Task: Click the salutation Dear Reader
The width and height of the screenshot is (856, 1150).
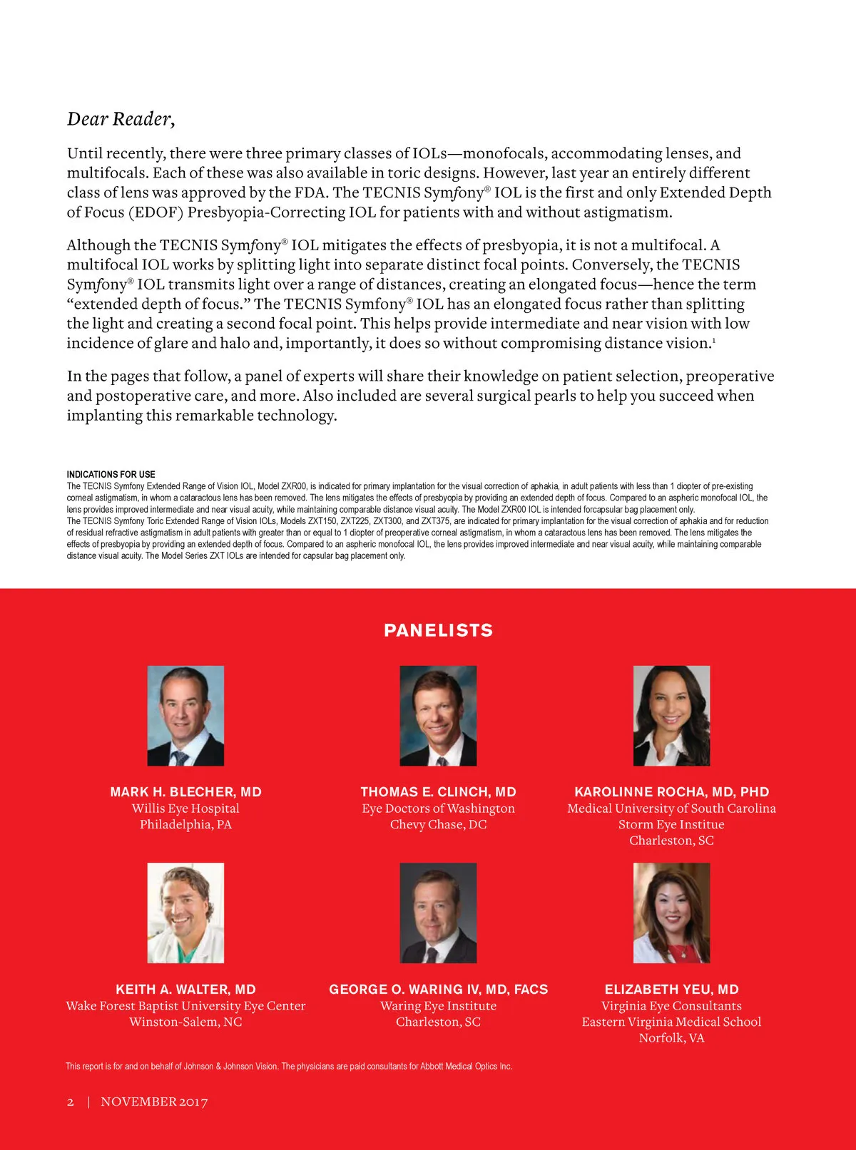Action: pyautogui.click(x=121, y=119)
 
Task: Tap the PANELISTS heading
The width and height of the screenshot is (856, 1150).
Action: pyautogui.click(x=438, y=630)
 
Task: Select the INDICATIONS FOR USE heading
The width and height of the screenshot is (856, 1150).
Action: pyautogui.click(x=111, y=474)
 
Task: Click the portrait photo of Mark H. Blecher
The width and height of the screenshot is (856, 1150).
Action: pyautogui.click(x=185, y=716)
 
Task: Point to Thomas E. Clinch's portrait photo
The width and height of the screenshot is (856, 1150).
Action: pyautogui.click(x=438, y=716)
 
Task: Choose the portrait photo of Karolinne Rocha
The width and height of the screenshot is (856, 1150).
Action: pyautogui.click(x=671, y=716)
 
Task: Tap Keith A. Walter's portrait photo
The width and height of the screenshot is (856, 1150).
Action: pyautogui.click(x=185, y=913)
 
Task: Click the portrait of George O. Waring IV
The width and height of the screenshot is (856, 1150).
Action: pyautogui.click(x=438, y=913)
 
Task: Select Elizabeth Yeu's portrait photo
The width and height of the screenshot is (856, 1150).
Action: pyautogui.click(x=671, y=913)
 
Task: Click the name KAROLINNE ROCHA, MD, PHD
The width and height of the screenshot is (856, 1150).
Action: pyautogui.click(x=671, y=792)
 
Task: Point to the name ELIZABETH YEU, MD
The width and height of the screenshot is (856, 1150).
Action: pyautogui.click(x=671, y=990)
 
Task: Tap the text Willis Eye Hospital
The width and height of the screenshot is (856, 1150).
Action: pyautogui.click(x=185, y=808)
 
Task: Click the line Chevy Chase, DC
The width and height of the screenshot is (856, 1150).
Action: pyautogui.click(x=438, y=825)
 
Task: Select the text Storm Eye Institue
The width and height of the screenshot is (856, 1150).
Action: pyautogui.click(x=671, y=825)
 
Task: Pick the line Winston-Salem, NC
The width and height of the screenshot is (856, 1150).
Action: pyautogui.click(x=185, y=1022)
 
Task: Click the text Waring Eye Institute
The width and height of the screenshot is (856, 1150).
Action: pyautogui.click(x=438, y=1006)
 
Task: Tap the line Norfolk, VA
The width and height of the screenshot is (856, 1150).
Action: pyautogui.click(x=671, y=1038)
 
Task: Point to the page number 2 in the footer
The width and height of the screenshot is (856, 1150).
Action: pyautogui.click(x=71, y=1102)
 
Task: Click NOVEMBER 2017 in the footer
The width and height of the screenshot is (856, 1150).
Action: pyautogui.click(x=154, y=1102)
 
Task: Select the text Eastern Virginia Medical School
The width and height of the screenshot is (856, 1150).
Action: pyautogui.click(x=671, y=1022)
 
